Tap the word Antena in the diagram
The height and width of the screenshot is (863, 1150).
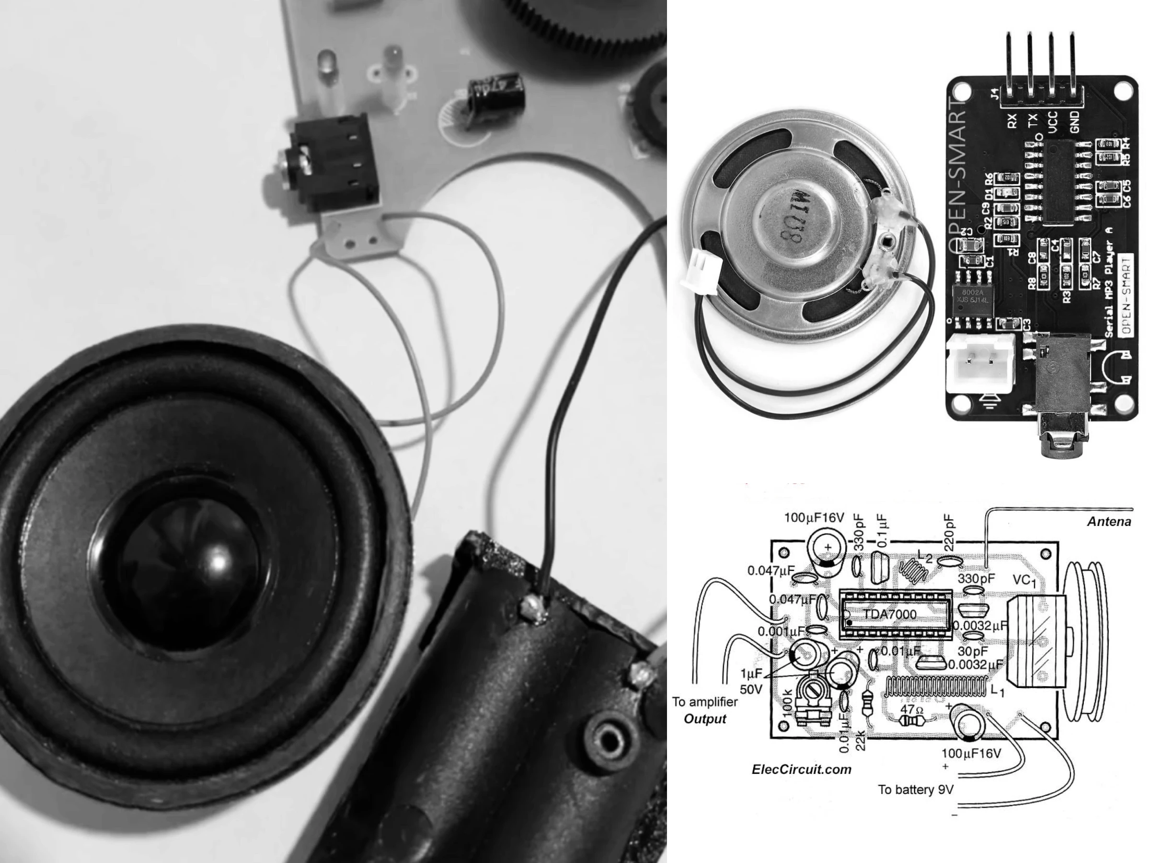(1109, 522)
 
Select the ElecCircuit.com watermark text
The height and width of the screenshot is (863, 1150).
(801, 770)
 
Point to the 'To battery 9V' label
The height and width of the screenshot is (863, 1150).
(916, 790)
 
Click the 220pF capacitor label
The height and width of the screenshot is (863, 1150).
(949, 533)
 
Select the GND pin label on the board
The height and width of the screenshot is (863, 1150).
(1075, 122)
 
